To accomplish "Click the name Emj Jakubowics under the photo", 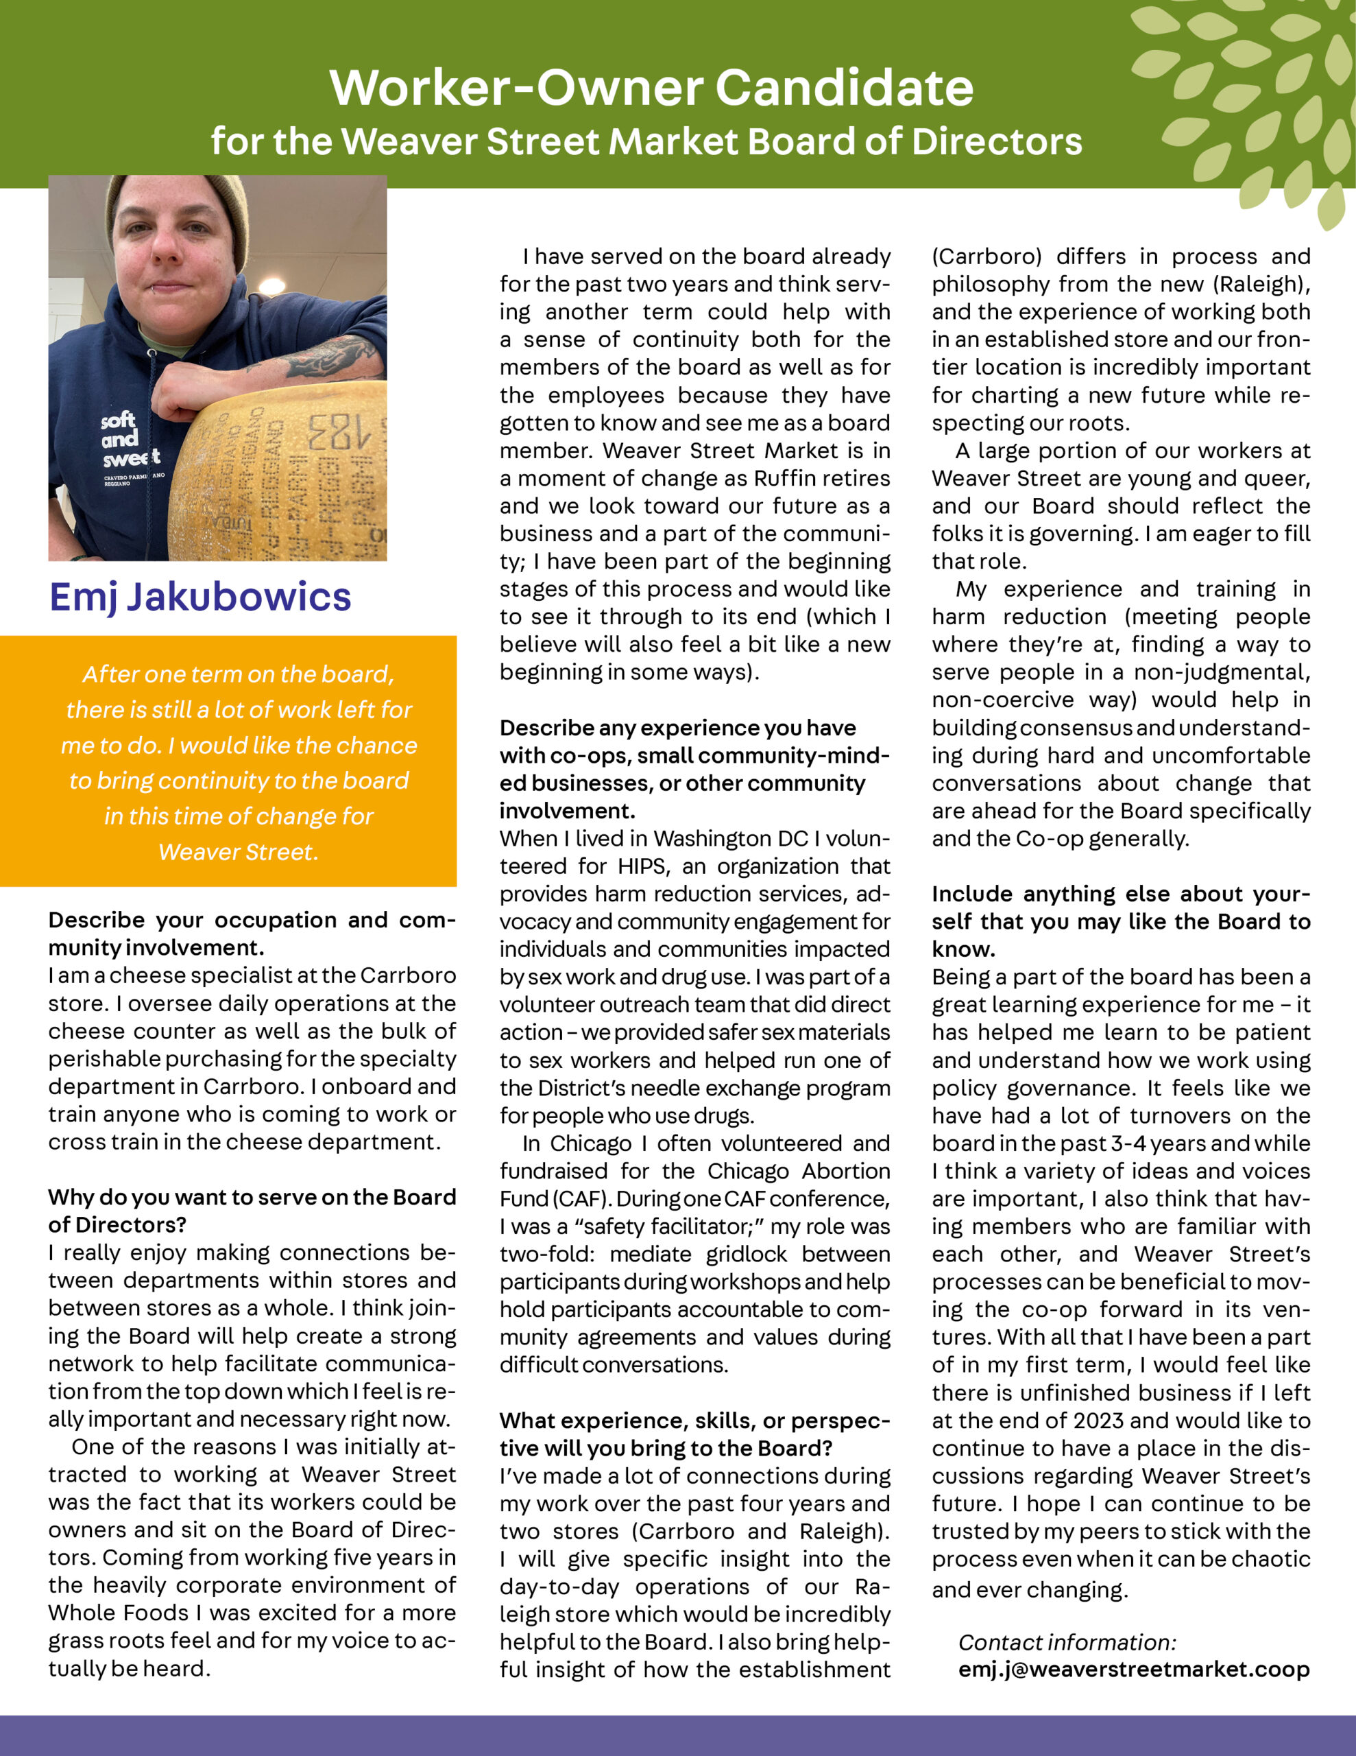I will coord(200,597).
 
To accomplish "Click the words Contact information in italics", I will coord(1067,1642).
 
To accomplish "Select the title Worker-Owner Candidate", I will coord(651,87).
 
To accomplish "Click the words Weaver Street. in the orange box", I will coord(238,851).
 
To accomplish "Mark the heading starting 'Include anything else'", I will coord(1120,894).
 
